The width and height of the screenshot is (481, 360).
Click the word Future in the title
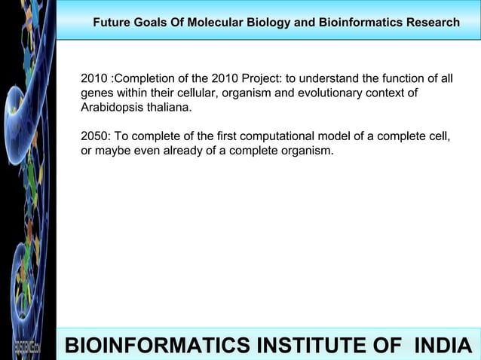click(112, 23)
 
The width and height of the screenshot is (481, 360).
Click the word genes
click(97, 93)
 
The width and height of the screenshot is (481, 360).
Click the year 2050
click(94, 137)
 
